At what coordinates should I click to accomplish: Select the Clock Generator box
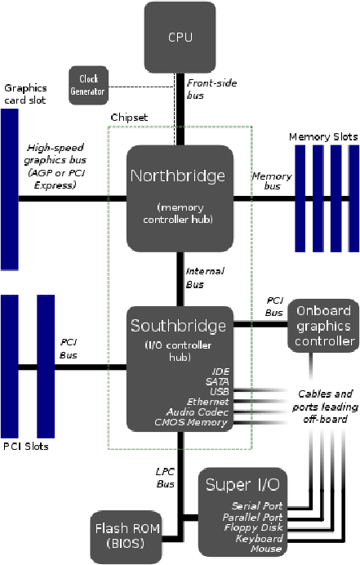pyautogui.click(x=88, y=84)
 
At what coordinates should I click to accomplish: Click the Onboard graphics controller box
pyautogui.click(x=324, y=325)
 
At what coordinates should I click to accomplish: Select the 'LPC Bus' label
pyautogui.click(x=166, y=479)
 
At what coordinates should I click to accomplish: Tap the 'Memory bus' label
pyautogui.click(x=271, y=181)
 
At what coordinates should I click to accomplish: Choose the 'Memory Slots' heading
pyautogui.click(x=323, y=136)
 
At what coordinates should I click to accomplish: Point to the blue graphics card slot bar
pyautogui.click(x=10, y=189)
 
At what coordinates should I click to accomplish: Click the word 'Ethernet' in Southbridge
pyautogui.click(x=209, y=402)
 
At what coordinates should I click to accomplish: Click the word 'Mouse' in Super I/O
pyautogui.click(x=266, y=549)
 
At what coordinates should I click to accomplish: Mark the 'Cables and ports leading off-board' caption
pyautogui.click(x=322, y=406)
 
